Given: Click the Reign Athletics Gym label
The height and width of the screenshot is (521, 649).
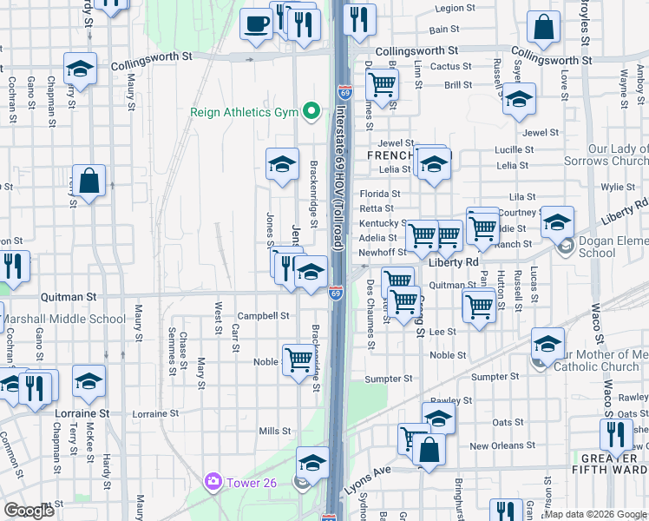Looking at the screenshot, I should coord(245,113).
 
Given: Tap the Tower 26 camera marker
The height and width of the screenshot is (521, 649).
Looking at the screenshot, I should coord(213,481).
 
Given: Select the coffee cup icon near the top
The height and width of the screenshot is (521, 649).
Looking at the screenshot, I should coord(255,24).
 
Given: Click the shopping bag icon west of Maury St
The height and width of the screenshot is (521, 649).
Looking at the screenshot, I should coord(89,181).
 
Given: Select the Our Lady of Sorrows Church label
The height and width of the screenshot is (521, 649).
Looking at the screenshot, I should coord(618,155).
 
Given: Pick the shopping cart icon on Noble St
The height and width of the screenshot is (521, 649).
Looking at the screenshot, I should coord(298,358).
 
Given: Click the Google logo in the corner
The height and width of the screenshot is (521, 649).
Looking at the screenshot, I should coord(29,511).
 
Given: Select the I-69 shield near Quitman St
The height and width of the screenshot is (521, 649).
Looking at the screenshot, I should coord(335,293).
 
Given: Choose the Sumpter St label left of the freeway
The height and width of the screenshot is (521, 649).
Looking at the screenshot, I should coord(388,379).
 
